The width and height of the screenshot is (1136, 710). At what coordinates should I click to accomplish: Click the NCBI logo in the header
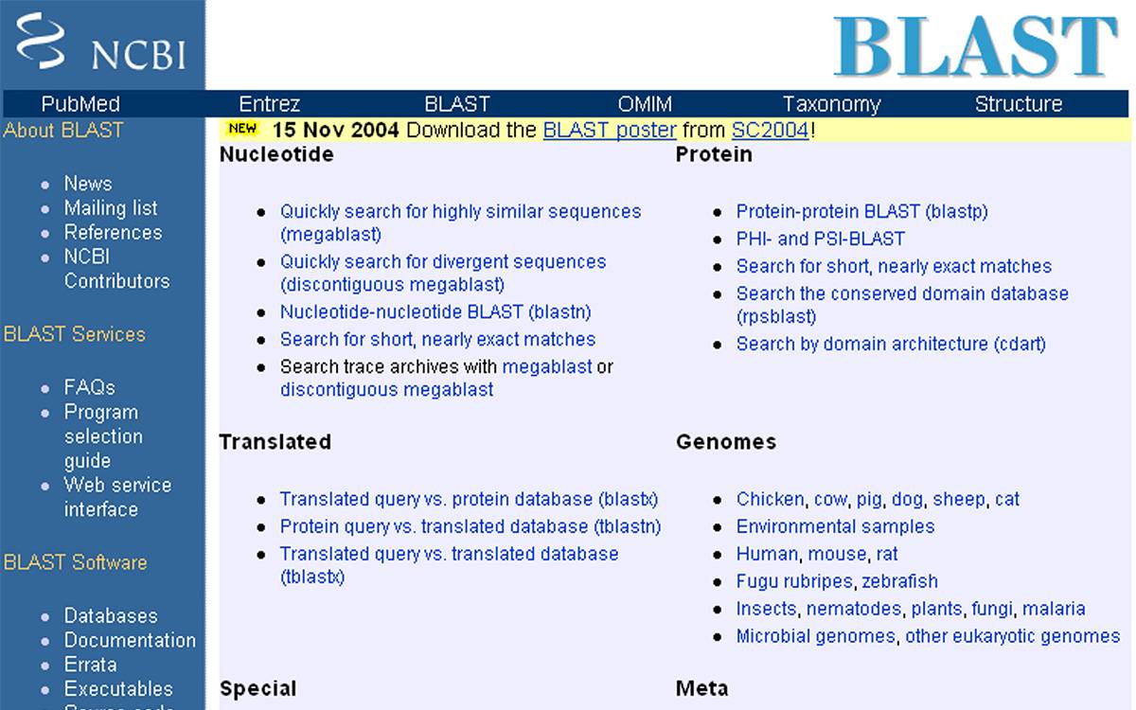[x=101, y=42]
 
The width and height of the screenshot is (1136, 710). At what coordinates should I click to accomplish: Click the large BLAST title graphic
[x=975, y=46]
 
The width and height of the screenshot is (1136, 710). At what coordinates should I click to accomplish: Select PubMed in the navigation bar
[x=80, y=104]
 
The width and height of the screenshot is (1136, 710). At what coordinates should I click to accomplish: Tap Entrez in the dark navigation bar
[x=269, y=104]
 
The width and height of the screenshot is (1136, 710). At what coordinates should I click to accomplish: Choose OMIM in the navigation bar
[x=645, y=104]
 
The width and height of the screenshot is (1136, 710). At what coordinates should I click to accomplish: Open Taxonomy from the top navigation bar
[x=832, y=104]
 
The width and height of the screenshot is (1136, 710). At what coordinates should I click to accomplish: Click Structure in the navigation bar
[x=1019, y=104]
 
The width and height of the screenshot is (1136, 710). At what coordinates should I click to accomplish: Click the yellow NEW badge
[x=242, y=129]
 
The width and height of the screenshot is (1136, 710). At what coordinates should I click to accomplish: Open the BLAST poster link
[x=610, y=131]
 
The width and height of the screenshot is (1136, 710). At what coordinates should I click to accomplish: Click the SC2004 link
[x=770, y=131]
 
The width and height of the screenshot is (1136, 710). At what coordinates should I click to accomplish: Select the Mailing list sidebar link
[x=111, y=208]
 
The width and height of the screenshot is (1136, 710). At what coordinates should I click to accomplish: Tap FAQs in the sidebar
[x=89, y=387]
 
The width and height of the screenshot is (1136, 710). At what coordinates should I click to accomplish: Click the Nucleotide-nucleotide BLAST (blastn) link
[x=435, y=311]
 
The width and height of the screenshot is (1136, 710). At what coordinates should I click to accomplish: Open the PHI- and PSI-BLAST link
[x=820, y=239]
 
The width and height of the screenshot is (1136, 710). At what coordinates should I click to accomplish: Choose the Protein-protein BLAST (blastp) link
[x=862, y=211]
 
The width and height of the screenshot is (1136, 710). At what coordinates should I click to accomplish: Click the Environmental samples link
[x=835, y=526]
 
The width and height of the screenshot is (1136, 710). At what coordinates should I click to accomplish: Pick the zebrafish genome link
[x=899, y=581]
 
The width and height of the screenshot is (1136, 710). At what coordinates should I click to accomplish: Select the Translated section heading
[x=275, y=442]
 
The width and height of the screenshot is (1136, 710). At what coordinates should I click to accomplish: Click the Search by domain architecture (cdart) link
[x=891, y=344]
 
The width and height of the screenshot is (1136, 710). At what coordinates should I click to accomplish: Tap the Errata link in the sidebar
[x=90, y=665]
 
